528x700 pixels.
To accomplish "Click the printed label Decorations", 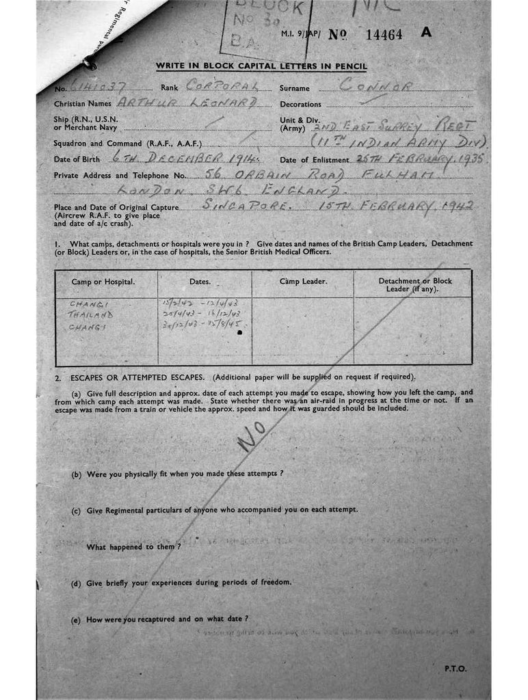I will (x=300, y=105).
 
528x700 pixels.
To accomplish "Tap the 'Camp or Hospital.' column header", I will (x=103, y=282).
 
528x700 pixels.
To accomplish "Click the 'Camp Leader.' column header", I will (x=303, y=281).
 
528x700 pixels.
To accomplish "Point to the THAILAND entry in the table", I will (x=90, y=314).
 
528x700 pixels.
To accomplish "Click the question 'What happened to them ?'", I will (x=133, y=547).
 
